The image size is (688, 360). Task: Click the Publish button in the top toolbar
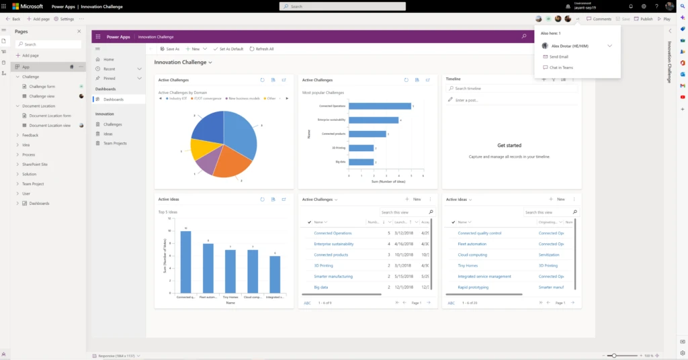tap(643, 19)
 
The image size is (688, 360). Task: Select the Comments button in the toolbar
tap(599, 19)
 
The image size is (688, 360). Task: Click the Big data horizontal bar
tap(361, 162)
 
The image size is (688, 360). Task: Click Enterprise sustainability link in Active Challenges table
tap(333, 244)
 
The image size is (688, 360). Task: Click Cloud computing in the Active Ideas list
tap(473, 255)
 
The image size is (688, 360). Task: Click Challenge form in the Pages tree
tap(42, 87)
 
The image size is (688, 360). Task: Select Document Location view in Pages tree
tap(49, 126)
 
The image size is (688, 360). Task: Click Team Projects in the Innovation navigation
tap(115, 143)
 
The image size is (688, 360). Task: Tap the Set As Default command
tap(228, 49)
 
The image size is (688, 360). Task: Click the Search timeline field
tap(511, 88)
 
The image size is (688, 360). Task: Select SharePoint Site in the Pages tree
tap(35, 164)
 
